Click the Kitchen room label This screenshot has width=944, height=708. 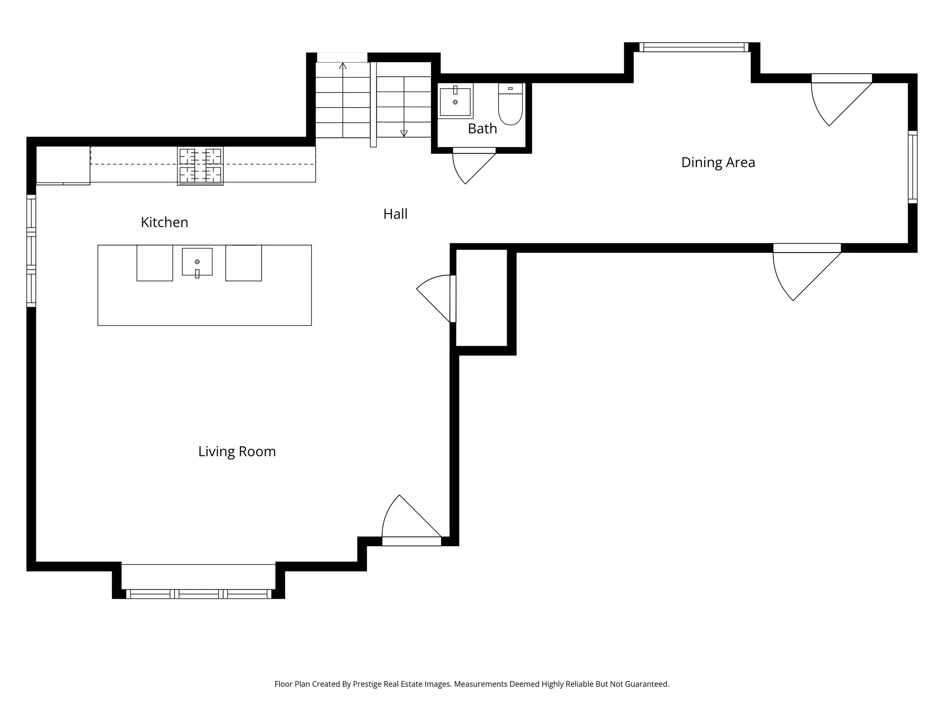coord(164,222)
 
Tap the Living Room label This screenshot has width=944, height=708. coord(237,452)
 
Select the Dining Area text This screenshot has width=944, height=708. coord(718,163)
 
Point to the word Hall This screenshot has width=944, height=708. coord(395,214)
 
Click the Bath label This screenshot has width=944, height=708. coord(482,128)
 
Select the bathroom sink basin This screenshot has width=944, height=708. coord(455,102)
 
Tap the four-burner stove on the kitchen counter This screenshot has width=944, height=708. coord(201,166)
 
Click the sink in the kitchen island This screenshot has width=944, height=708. coord(197,262)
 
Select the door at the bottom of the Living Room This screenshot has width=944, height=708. coord(410,523)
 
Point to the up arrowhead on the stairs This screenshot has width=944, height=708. coord(343,66)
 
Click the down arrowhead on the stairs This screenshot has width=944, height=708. coord(404,133)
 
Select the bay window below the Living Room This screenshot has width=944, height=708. coord(199,594)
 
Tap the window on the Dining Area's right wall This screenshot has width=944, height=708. coord(912,167)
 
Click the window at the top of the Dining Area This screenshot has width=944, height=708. coord(694,47)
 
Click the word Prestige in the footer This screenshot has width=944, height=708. coord(367,684)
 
